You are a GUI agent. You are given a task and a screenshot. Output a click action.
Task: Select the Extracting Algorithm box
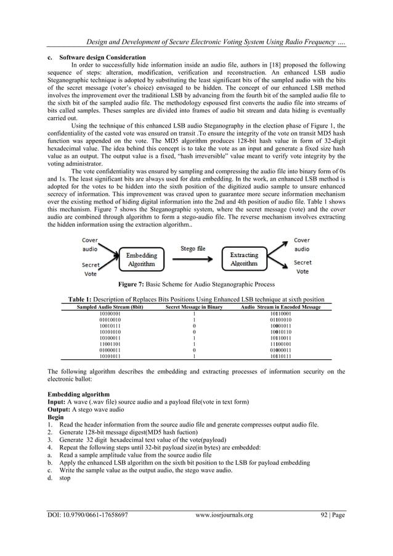click(x=244, y=259)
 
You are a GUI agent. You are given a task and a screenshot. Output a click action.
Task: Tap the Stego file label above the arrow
click(x=192, y=249)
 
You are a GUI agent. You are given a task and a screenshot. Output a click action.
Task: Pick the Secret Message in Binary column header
click(x=194, y=306)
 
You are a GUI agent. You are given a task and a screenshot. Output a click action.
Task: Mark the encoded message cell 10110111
click(x=280, y=356)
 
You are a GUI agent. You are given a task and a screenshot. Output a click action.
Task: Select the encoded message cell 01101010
click(x=280, y=320)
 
